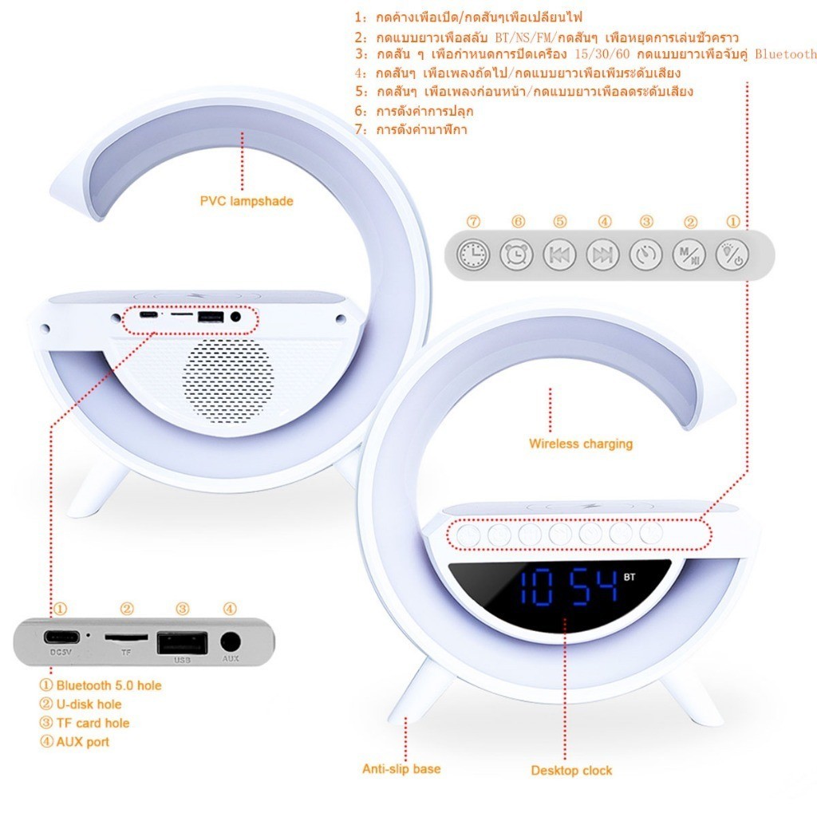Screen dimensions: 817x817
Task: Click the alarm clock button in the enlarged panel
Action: pyautogui.click(x=516, y=255)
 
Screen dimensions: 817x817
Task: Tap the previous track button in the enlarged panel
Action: pyautogui.click(x=559, y=255)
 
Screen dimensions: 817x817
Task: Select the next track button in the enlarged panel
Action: pyautogui.click(x=603, y=255)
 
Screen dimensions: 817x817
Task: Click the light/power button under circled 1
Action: pyautogui.click(x=732, y=255)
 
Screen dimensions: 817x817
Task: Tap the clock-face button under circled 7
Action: pyautogui.click(x=473, y=255)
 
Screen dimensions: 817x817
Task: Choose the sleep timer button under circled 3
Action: pyautogui.click(x=646, y=255)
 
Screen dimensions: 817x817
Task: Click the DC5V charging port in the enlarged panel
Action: pyautogui.click(x=61, y=637)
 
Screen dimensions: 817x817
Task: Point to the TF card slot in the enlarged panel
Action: pyautogui.click(x=126, y=637)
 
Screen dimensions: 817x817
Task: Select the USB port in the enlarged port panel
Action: pyautogui.click(x=183, y=642)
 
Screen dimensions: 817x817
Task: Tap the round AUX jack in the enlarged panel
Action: pyautogui.click(x=231, y=641)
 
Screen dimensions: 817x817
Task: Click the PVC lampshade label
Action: pyautogui.click(x=247, y=201)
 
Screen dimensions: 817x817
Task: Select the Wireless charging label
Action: pyautogui.click(x=581, y=444)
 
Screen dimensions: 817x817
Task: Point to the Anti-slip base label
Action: pyautogui.click(x=402, y=769)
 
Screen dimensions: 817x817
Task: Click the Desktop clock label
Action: pyautogui.click(x=571, y=771)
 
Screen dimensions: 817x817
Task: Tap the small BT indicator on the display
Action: pyautogui.click(x=630, y=577)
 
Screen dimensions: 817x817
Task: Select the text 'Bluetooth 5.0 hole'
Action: pyautogui.click(x=109, y=685)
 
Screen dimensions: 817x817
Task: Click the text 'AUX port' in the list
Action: pyautogui.click(x=83, y=742)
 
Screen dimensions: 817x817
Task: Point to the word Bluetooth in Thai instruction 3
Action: pyautogui.click(x=786, y=54)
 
